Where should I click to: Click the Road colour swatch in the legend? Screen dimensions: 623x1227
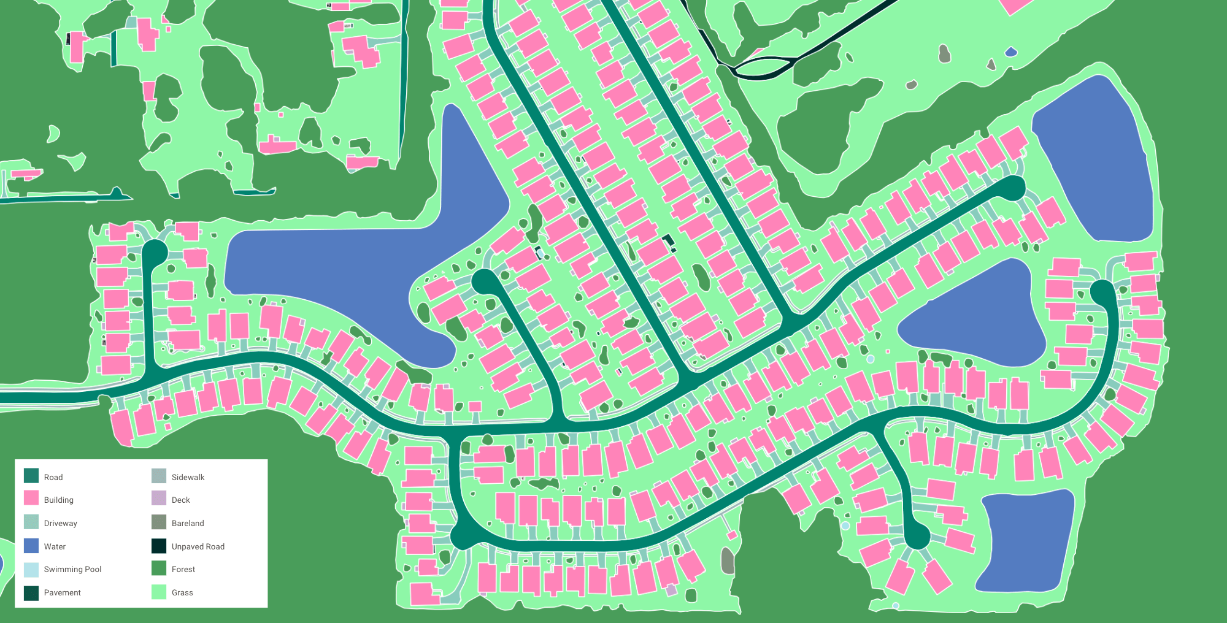(31, 476)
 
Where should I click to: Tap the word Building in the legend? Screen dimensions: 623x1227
(58, 500)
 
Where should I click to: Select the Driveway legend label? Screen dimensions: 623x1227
(60, 523)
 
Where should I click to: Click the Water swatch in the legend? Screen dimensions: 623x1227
(31, 546)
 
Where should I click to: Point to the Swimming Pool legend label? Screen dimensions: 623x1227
(72, 569)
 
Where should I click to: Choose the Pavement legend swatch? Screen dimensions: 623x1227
(31, 592)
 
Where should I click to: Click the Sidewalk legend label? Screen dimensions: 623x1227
(188, 477)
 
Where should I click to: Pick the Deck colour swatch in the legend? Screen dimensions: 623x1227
(159, 499)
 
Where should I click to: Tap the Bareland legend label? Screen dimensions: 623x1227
(188, 523)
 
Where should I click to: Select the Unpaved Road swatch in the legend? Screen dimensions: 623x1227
(159, 546)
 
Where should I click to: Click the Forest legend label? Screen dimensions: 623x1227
(183, 569)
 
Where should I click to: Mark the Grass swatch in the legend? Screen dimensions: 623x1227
(159, 592)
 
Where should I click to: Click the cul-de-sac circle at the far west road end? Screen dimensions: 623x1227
(155, 252)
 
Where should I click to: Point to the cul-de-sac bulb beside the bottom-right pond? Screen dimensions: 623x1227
(917, 537)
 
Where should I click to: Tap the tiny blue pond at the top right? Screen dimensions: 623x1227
(1010, 53)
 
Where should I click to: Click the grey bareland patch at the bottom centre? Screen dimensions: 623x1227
(728, 561)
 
